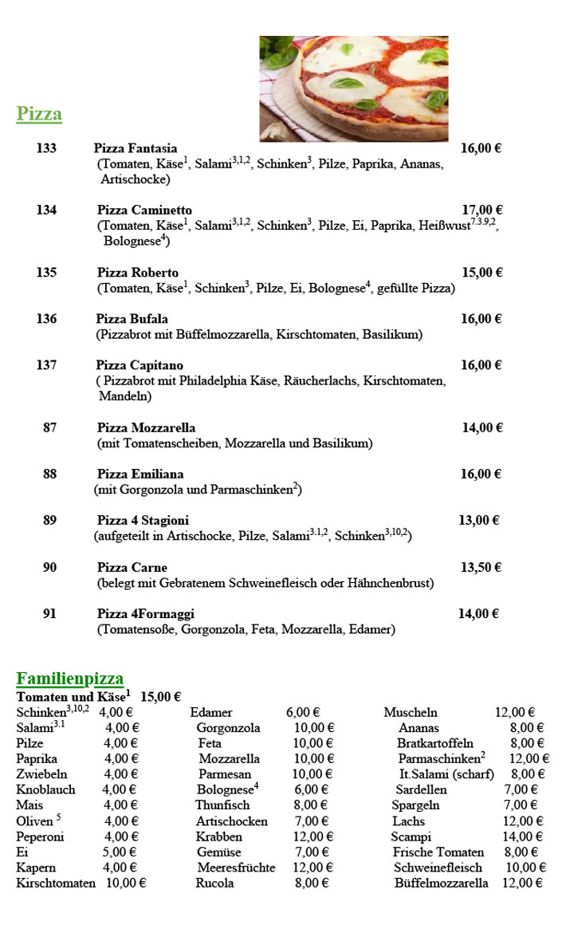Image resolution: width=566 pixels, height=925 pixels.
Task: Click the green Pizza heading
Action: click(x=39, y=114)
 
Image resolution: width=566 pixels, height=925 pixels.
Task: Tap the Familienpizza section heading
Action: click(x=70, y=679)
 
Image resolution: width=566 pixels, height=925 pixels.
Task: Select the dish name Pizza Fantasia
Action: click(x=136, y=148)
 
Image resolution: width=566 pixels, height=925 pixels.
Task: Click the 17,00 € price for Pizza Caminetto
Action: click(x=482, y=211)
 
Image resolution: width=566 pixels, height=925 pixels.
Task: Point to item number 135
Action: click(x=46, y=273)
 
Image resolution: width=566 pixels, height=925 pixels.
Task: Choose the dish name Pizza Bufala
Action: click(x=132, y=319)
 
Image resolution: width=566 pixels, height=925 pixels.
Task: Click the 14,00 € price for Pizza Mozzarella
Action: click(x=482, y=428)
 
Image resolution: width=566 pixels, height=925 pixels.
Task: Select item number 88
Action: click(x=50, y=474)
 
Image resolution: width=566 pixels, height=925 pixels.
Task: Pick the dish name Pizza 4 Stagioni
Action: click(x=143, y=521)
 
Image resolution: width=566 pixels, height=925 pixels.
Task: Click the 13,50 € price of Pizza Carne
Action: click(x=481, y=568)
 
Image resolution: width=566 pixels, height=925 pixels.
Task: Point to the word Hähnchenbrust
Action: click(x=391, y=583)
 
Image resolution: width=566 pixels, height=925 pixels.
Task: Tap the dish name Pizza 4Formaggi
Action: click(x=146, y=614)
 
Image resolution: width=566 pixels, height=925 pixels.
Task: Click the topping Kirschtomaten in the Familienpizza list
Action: click(x=56, y=884)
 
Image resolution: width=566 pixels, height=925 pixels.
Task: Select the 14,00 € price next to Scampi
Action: click(x=526, y=837)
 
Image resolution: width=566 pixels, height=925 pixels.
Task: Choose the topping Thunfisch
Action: click(x=222, y=805)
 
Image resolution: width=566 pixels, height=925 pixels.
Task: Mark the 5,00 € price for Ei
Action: click(x=121, y=852)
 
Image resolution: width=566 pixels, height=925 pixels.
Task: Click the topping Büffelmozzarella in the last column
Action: click(x=441, y=884)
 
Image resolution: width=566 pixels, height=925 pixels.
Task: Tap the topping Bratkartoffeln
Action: click(x=435, y=744)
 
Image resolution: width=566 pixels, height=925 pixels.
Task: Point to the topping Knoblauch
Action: click(x=46, y=790)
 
